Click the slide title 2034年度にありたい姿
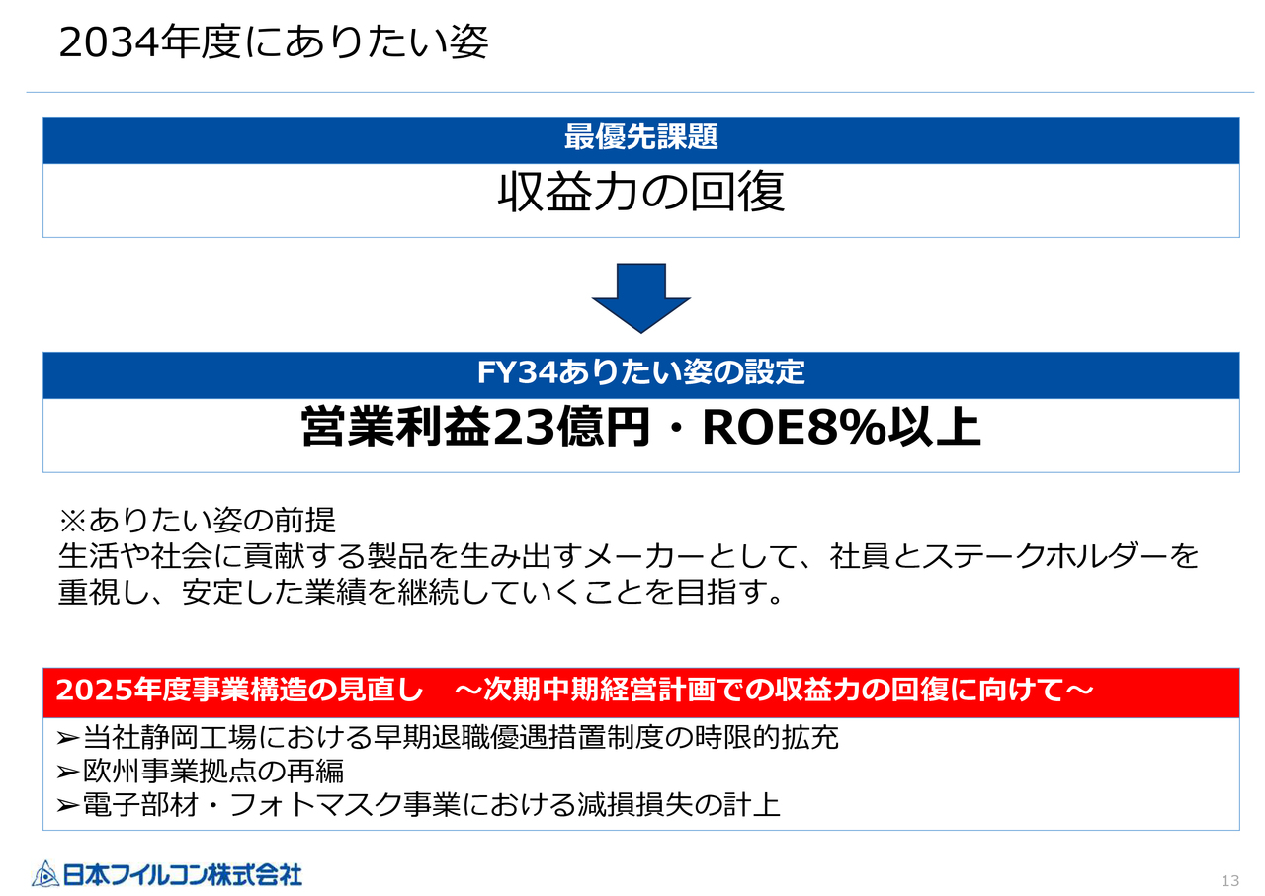(274, 43)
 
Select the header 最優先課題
(640, 137)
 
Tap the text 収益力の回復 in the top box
(640, 193)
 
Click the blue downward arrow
(640, 296)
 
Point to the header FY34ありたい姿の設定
(640, 372)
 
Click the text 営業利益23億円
(474, 428)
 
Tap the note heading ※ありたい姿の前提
(198, 520)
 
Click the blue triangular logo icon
(45, 873)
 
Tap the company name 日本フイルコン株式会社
(183, 874)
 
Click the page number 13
(1230, 881)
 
